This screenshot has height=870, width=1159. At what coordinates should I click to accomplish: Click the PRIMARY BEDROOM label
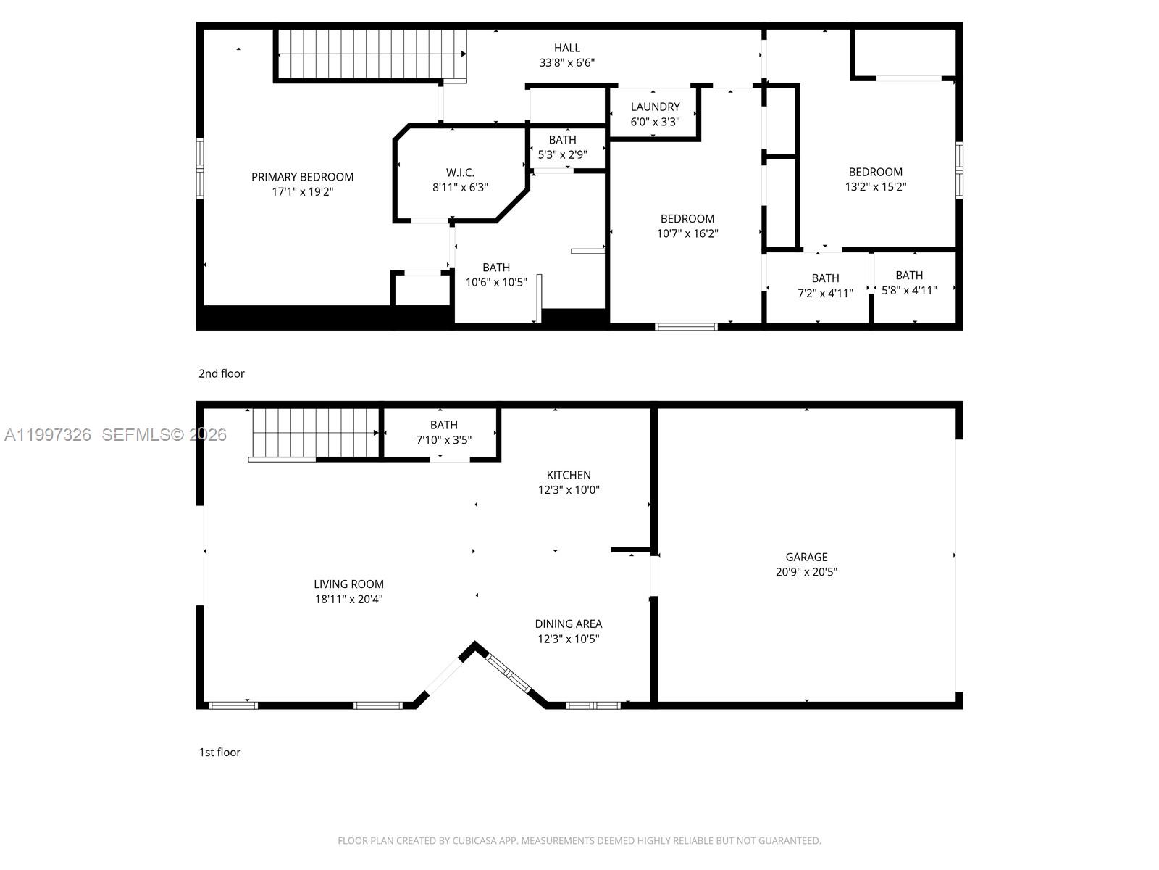tap(302, 177)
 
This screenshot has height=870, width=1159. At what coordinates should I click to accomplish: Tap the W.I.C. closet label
tap(460, 173)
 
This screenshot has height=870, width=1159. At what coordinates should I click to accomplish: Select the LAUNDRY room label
tap(655, 107)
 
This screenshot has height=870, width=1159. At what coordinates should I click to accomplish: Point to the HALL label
tap(566, 48)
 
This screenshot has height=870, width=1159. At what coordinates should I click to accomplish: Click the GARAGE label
tap(806, 557)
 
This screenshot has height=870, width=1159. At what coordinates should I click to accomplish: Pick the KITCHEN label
tap(569, 475)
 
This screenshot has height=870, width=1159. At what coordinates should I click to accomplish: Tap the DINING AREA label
tap(569, 623)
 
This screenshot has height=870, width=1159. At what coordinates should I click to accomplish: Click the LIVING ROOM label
tap(348, 584)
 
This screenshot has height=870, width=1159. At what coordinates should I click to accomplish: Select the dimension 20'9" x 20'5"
tap(806, 572)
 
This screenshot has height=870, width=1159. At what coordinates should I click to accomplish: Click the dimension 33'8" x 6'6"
tap(566, 63)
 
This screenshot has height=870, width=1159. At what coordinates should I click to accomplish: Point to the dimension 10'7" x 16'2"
tap(687, 233)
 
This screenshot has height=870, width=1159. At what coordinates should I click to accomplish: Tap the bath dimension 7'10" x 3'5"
tap(443, 440)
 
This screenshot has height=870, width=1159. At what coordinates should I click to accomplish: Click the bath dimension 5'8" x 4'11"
tap(909, 290)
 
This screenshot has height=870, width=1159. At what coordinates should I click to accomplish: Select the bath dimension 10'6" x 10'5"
tap(496, 282)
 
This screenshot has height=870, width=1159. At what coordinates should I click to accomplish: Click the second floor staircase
tap(371, 54)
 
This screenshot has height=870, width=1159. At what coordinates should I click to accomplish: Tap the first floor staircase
tap(315, 433)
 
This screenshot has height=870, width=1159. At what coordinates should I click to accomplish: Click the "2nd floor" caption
tap(222, 373)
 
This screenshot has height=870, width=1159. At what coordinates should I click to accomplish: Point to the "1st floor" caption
tap(219, 752)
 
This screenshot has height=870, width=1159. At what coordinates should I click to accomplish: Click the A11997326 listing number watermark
tap(48, 434)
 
